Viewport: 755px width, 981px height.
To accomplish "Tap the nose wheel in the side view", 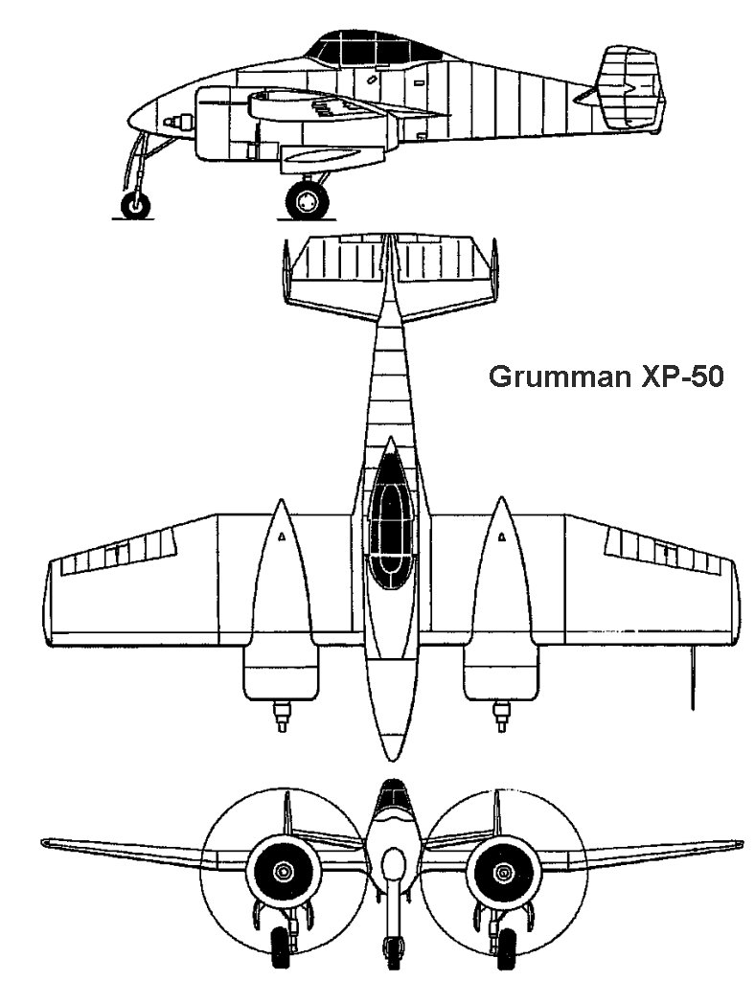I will [x=135, y=204].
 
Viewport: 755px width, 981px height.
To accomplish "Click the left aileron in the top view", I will [x=119, y=554].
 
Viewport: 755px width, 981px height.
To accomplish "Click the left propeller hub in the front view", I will [x=284, y=871].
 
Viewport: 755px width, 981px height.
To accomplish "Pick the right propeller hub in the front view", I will [x=501, y=871].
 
